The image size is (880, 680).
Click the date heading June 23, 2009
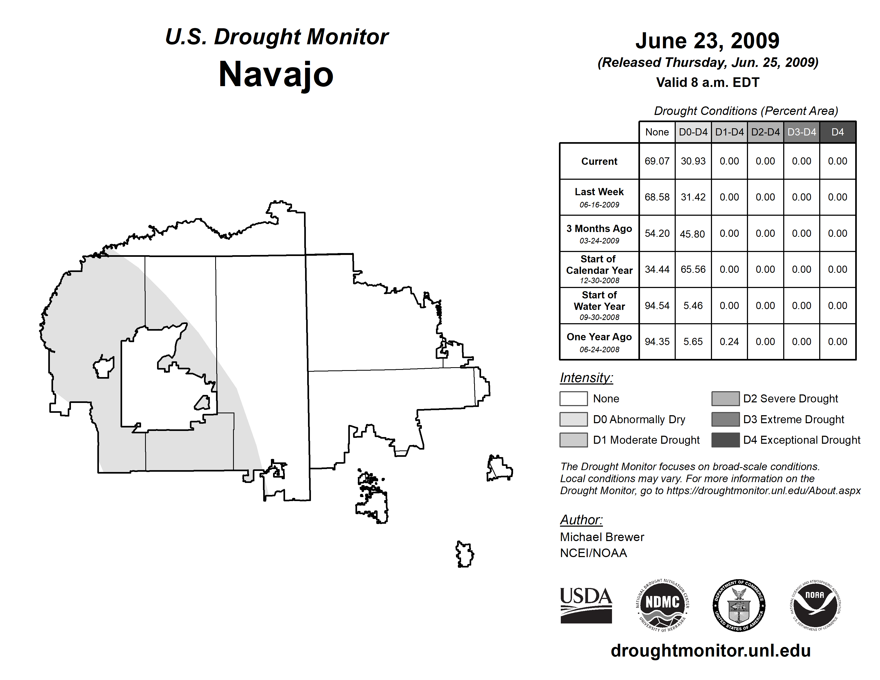tap(707, 41)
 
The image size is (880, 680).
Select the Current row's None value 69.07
tap(657, 161)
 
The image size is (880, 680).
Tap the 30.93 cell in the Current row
tap(693, 161)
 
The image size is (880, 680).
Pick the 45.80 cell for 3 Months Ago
tap(692, 234)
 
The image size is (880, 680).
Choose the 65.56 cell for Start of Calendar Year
tap(693, 269)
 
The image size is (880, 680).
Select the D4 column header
tap(837, 132)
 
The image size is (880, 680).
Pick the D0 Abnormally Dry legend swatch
tap(573, 419)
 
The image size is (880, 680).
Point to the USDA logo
tap(586, 605)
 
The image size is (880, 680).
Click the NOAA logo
tap(815, 605)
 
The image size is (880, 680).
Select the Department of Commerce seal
tap(739, 605)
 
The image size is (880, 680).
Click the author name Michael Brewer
tap(602, 537)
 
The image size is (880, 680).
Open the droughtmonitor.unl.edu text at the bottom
tap(710, 651)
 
